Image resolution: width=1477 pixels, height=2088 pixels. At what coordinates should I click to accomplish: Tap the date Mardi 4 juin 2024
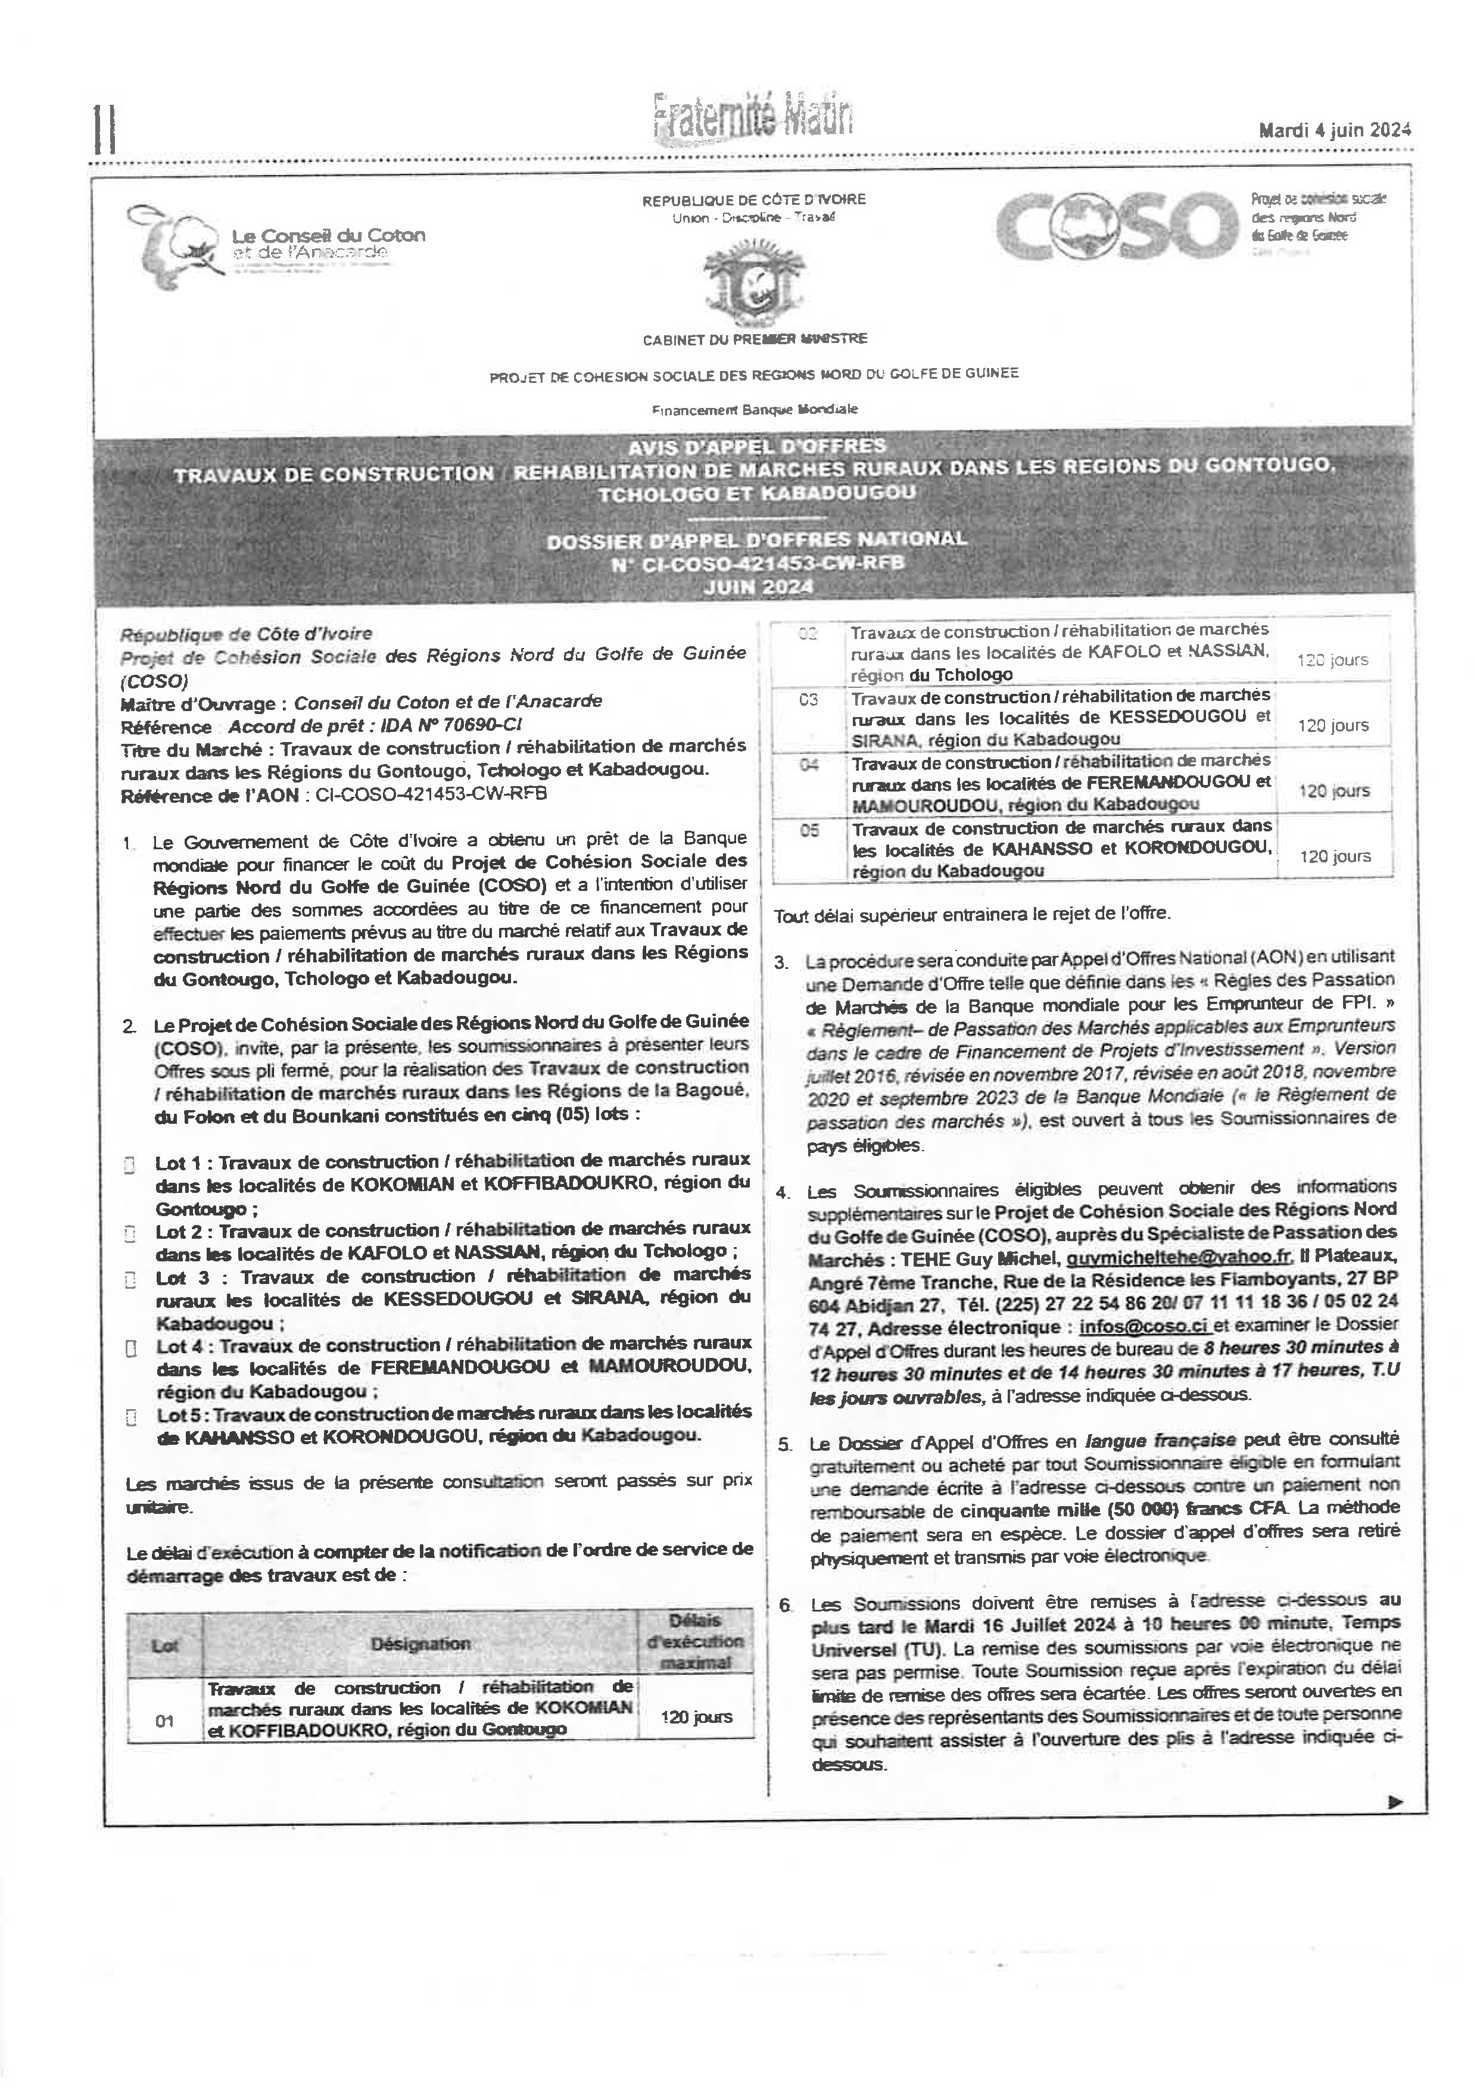pyautogui.click(x=1334, y=130)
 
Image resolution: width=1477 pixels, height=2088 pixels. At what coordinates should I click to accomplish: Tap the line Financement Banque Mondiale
pyautogui.click(x=754, y=409)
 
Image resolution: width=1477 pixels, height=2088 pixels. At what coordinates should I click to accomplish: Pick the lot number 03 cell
pyautogui.click(x=809, y=699)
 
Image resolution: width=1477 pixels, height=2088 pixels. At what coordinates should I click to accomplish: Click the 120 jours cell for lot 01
pyautogui.click(x=696, y=1717)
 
